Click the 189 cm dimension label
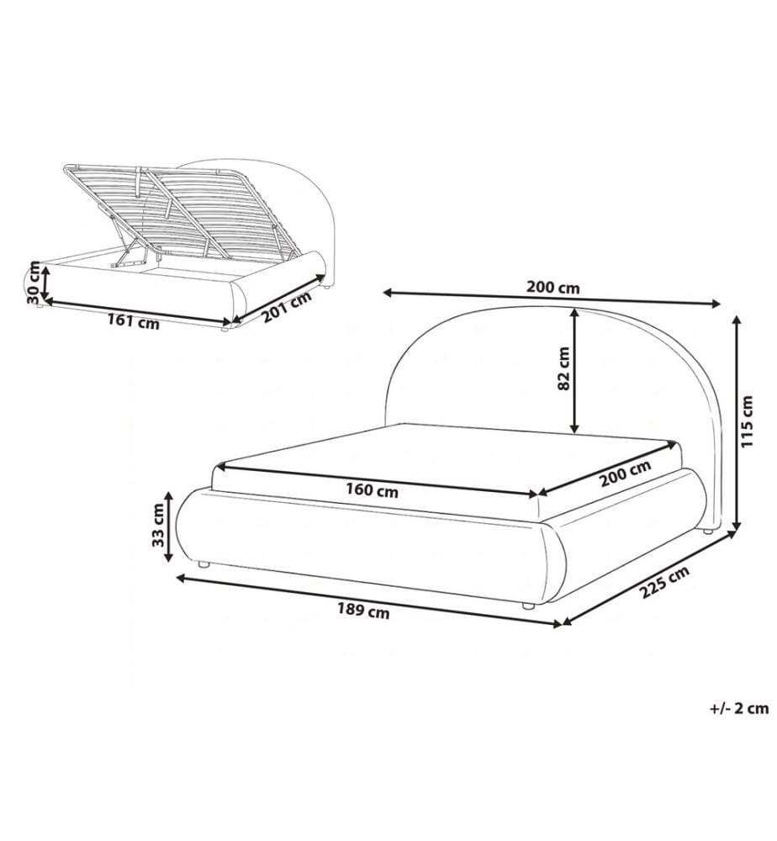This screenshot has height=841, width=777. pos(363,611)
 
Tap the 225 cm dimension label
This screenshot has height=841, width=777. pos(664,583)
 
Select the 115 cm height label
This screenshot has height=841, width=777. pos(747,421)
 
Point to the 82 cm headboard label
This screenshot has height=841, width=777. pos(563,368)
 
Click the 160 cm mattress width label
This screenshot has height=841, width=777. pos(372,489)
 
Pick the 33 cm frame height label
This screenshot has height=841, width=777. pos(157,525)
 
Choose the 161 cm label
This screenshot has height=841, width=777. pos(133,322)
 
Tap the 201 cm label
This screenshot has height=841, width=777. pos(287,307)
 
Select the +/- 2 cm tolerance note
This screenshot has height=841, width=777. pos(739,708)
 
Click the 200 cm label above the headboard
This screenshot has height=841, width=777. pos(552,288)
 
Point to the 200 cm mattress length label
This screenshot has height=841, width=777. pos(626,473)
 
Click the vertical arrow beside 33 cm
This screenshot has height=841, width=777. pos(168,527)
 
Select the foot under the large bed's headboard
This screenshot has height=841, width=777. pos(707,532)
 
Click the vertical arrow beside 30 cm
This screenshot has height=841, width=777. pos(45,283)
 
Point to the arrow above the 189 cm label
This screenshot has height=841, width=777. pos(369,600)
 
